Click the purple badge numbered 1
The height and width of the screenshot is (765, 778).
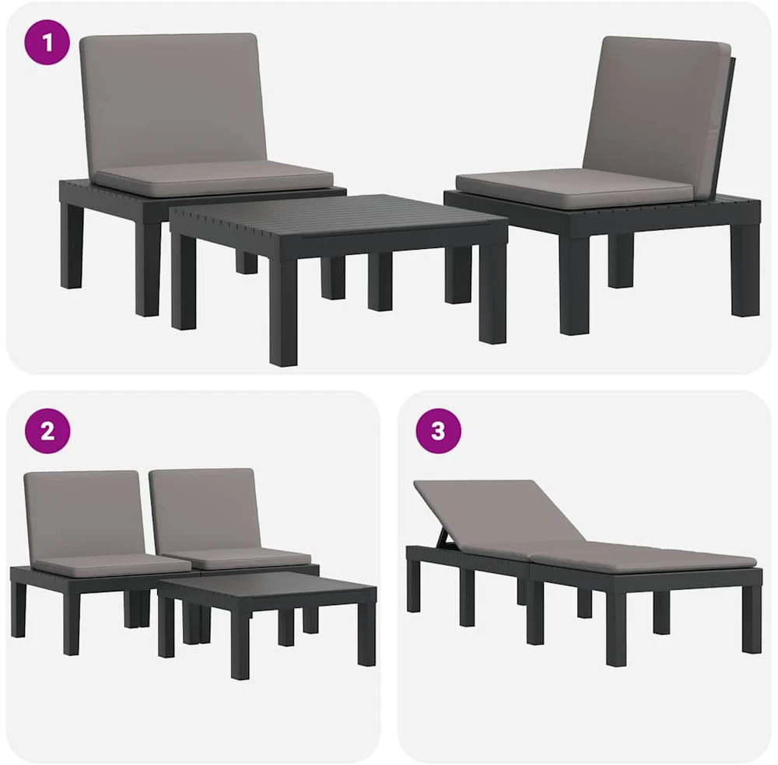click(47, 42)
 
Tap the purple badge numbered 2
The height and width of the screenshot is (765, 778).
click(47, 431)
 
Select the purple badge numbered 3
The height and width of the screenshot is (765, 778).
click(438, 431)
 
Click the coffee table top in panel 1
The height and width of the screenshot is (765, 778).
click(338, 215)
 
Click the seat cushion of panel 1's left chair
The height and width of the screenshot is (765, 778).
click(215, 178)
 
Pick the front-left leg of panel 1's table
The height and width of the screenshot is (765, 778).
click(283, 313)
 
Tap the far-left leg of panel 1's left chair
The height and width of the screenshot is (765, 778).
click(71, 245)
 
